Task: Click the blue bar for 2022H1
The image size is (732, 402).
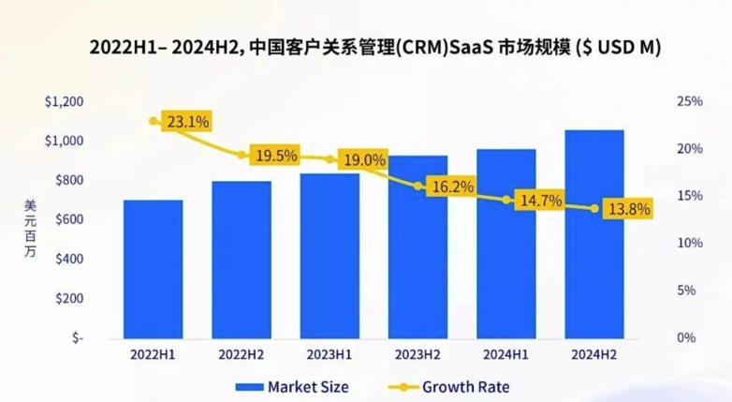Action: tap(153, 268)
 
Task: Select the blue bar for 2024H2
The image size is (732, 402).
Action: tap(594, 233)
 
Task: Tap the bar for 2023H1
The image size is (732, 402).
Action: tap(329, 255)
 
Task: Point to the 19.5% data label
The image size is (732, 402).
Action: tap(275, 156)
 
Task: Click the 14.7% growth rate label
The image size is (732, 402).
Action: tap(539, 200)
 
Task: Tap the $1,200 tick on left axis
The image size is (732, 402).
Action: tap(64, 101)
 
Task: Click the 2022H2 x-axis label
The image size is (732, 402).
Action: tap(242, 355)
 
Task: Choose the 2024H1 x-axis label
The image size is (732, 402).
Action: tap(506, 355)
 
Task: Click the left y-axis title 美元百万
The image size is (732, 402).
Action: tap(30, 230)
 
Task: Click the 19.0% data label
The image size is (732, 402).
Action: tap(364, 160)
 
